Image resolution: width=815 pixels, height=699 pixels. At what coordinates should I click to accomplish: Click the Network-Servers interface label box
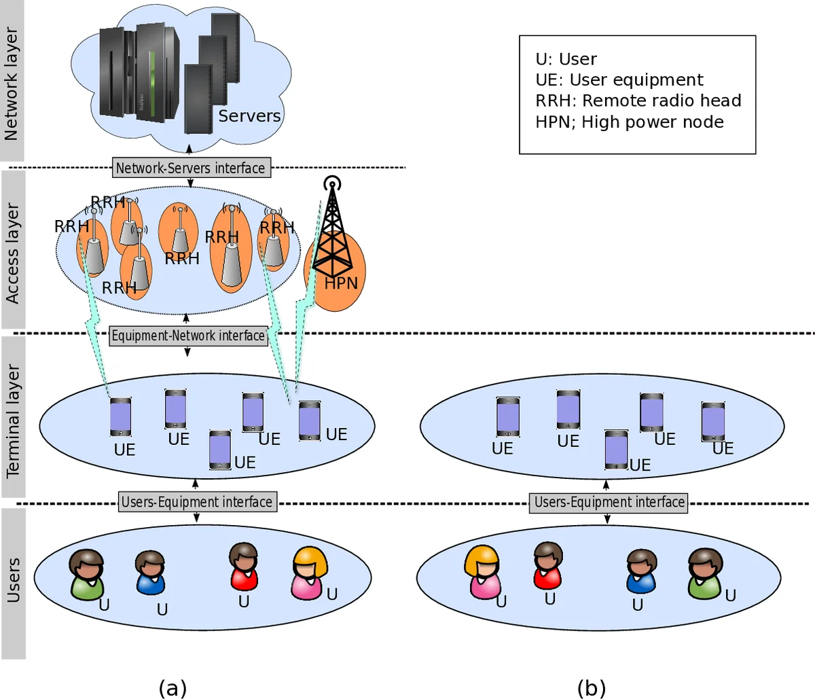click(x=190, y=168)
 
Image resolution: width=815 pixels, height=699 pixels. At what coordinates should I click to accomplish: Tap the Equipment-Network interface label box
click(x=188, y=336)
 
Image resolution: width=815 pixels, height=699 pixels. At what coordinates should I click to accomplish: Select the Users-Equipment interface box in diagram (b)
click(x=608, y=503)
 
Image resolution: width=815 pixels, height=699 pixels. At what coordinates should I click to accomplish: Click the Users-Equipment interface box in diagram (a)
click(x=197, y=502)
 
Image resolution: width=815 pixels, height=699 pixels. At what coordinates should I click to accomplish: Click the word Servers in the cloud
click(x=249, y=116)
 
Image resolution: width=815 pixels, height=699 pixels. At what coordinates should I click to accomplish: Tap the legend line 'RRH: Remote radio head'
click(x=638, y=101)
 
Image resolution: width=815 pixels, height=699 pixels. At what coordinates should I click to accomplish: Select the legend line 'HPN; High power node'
click(x=629, y=122)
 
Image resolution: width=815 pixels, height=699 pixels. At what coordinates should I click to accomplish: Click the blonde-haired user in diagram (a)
click(x=310, y=574)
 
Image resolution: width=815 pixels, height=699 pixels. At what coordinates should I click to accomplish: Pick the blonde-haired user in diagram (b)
click(x=484, y=573)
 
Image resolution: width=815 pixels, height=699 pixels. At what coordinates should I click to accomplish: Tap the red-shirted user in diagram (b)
click(x=547, y=566)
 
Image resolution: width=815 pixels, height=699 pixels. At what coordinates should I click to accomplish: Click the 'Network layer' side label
click(x=12, y=83)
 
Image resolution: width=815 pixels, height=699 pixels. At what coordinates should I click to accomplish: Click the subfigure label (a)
click(x=172, y=687)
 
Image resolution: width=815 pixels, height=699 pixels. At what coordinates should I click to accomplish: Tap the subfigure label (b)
click(x=591, y=687)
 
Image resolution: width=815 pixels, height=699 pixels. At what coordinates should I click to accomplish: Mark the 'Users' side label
click(x=12, y=581)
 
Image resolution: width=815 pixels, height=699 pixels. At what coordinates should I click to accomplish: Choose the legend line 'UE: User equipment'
click(x=619, y=79)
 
